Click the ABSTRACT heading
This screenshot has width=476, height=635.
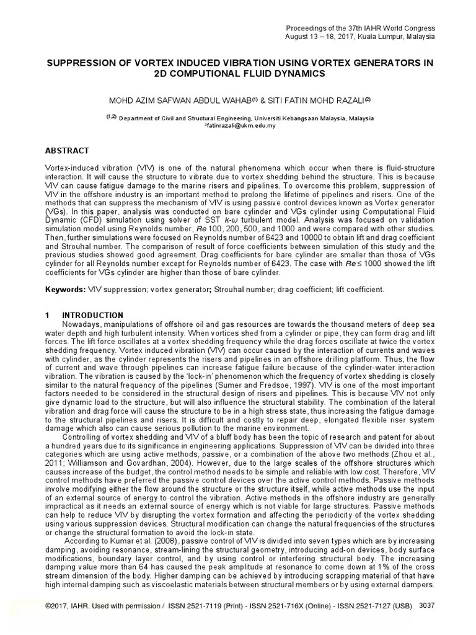pos(68,151)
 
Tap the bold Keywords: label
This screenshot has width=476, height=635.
pos(64,290)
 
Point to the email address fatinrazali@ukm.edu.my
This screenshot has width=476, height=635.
pos(240,125)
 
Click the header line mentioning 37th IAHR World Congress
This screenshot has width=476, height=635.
pos(360,29)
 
